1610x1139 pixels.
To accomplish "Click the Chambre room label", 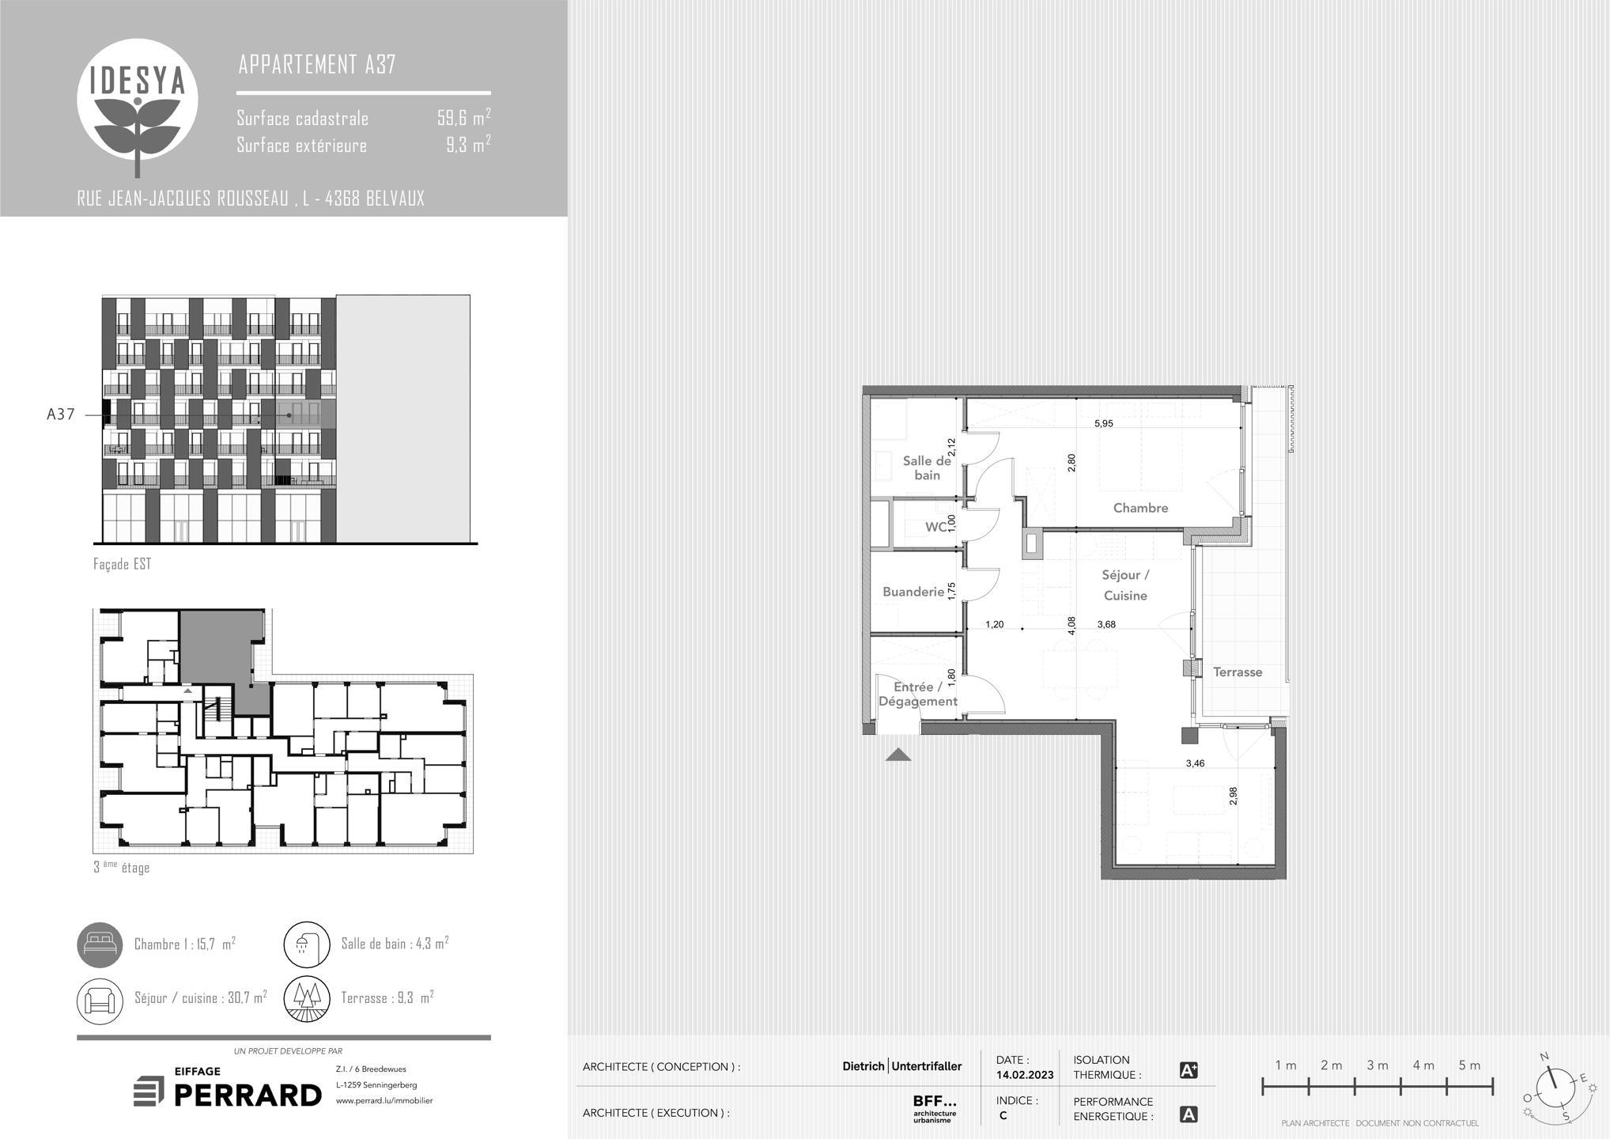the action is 1140,508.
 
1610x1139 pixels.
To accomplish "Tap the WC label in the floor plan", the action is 935,527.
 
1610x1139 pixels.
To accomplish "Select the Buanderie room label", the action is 913,592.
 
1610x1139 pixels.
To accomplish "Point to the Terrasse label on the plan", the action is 1238,672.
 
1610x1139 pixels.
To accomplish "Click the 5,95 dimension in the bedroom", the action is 1103,423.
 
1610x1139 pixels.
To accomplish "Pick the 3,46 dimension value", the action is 1195,763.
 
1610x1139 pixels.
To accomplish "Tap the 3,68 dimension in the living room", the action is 1106,624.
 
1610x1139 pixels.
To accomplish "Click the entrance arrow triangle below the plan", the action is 898,755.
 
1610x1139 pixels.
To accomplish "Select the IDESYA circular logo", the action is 138,100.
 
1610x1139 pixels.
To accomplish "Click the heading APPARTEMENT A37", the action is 317,64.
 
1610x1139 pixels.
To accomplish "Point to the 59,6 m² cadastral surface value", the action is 464,118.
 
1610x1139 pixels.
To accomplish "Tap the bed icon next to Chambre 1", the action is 100,944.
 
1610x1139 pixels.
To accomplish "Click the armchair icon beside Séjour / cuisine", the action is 100,1000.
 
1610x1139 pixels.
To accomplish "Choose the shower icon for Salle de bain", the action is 307,944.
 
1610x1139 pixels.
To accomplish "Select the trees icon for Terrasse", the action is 307,1000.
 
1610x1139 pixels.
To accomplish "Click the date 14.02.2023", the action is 1025,1075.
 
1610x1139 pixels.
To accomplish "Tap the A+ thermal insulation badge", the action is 1189,1070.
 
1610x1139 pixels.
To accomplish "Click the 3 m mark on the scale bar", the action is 1378,1065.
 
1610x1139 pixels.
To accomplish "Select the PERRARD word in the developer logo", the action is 248,1095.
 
